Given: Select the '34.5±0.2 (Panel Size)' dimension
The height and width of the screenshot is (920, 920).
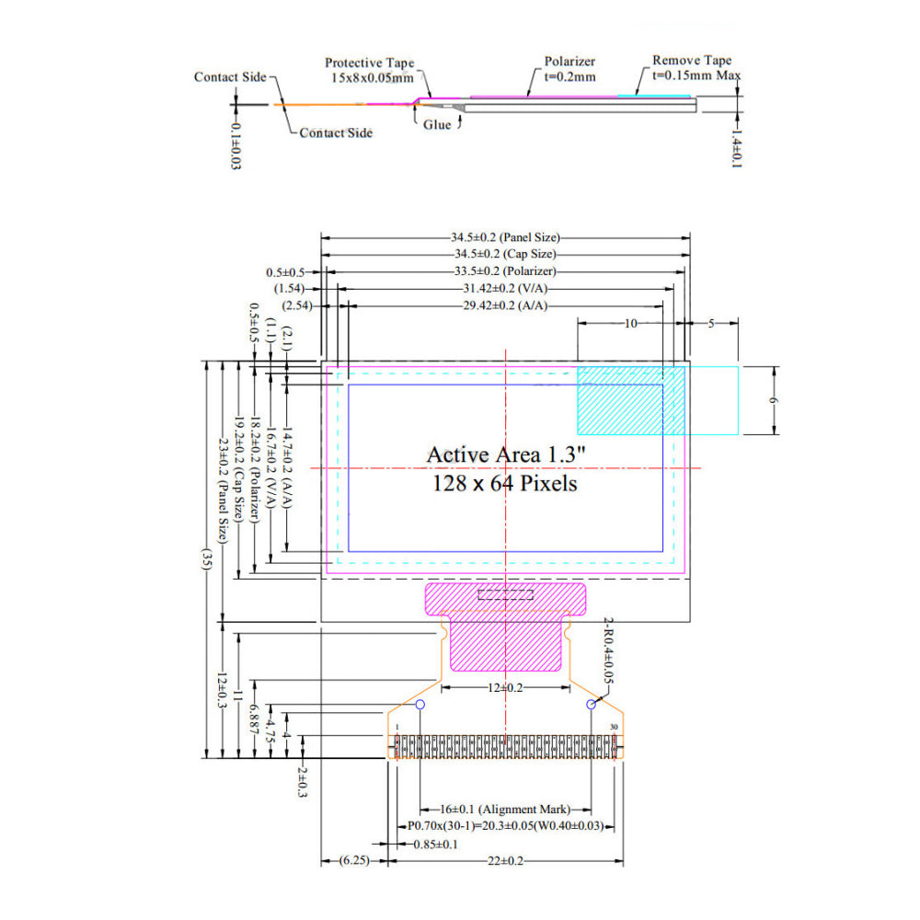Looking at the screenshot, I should (505, 237).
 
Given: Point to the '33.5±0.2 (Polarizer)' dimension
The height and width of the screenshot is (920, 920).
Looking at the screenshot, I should (505, 271).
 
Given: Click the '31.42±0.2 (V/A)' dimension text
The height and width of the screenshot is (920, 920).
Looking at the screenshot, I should (505, 288).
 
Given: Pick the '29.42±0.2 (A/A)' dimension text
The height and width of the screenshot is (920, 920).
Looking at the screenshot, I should (505, 305).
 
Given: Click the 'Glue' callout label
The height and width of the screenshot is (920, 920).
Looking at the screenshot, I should (437, 124).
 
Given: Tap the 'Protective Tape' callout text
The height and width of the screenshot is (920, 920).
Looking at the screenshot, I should (369, 63).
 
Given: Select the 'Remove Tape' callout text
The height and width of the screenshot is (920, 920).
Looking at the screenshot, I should (692, 61).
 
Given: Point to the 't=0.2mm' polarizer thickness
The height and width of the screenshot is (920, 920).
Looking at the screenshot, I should (569, 77).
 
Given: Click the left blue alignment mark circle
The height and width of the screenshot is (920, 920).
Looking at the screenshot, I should (420, 705).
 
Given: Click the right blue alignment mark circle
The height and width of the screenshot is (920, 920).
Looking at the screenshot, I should (592, 705).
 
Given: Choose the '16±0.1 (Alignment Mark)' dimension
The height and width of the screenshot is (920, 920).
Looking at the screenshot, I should (505, 809).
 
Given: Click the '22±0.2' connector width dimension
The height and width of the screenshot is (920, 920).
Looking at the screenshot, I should (505, 861).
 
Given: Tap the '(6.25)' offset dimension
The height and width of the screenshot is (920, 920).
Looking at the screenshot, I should (354, 861).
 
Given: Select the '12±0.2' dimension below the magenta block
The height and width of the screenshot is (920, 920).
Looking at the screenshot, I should (505, 688).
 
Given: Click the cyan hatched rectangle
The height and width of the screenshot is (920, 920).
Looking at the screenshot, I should (620, 400).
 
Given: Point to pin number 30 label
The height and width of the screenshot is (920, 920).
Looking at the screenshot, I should (614, 727).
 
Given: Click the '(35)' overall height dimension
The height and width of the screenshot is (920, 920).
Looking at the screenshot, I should (208, 561).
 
